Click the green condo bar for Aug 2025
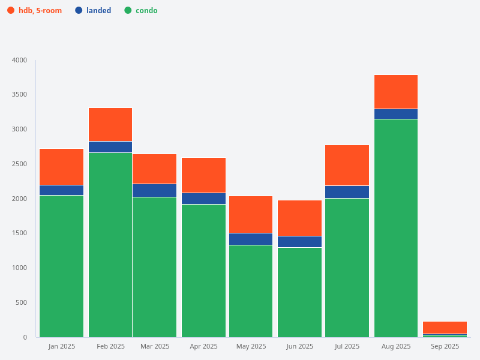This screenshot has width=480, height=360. (396, 228)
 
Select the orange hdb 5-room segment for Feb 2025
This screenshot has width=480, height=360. (110, 124)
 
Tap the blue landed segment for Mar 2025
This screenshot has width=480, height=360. (155, 190)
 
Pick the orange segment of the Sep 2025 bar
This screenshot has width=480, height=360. (445, 327)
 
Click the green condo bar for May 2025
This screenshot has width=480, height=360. (251, 291)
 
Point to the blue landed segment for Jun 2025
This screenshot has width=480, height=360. (299, 242)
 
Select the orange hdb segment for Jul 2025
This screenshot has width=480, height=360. (347, 165)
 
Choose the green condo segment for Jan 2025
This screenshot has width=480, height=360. (61, 266)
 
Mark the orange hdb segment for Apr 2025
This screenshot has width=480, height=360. (203, 175)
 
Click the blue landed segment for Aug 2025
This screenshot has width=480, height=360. (396, 114)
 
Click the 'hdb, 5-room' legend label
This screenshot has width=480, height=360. (40, 10)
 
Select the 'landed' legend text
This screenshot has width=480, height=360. (99, 10)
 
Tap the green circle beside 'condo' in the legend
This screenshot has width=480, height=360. (128, 10)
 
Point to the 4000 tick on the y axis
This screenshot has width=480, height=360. (19, 60)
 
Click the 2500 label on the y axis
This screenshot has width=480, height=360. (19, 164)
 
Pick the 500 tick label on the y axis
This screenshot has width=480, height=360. (22, 302)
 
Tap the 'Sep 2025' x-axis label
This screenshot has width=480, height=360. (445, 346)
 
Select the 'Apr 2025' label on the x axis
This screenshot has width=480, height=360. (203, 346)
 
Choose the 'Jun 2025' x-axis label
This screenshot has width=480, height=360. (299, 346)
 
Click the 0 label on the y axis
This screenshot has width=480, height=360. (25, 337)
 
